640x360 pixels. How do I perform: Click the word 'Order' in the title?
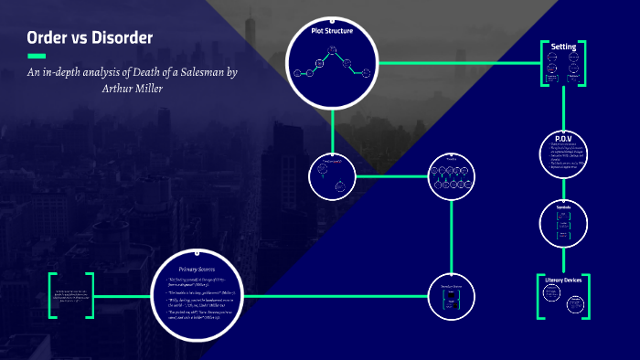48,38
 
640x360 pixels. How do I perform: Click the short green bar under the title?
37,56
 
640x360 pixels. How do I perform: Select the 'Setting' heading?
562,47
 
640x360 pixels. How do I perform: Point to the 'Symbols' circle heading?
563,206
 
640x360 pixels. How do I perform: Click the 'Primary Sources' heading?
199,269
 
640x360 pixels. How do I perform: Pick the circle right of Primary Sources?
452,293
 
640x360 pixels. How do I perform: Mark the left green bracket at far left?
52,294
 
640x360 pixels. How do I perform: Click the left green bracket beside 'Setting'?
541,63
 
